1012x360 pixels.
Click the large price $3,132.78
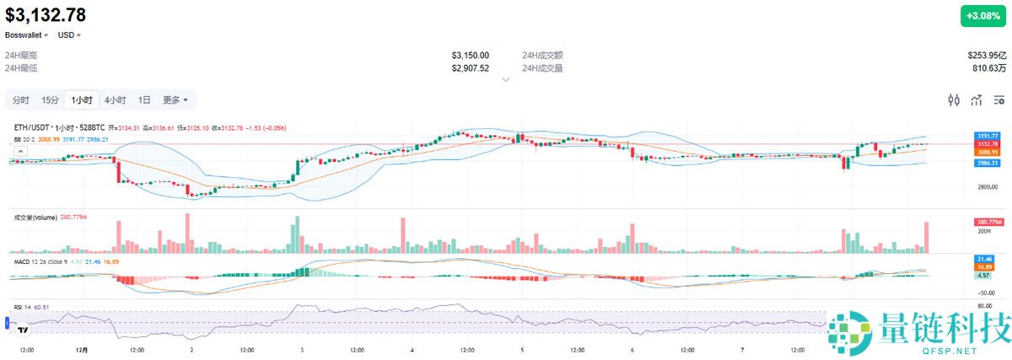pyautogui.click(x=46, y=14)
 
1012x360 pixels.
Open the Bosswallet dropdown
pyautogui.click(x=27, y=35)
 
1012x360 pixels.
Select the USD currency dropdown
pyautogui.click(x=69, y=35)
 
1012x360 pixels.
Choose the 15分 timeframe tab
pyautogui.click(x=51, y=99)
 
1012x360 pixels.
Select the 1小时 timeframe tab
pyautogui.click(x=83, y=99)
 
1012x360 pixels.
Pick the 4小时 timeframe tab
pyautogui.click(x=116, y=99)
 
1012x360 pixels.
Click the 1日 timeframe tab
pyautogui.click(x=145, y=99)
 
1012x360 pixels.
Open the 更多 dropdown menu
pyautogui.click(x=175, y=99)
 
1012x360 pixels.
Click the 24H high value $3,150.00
pyautogui.click(x=470, y=55)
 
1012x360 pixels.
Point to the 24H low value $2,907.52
pyautogui.click(x=470, y=67)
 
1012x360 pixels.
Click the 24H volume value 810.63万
pyautogui.click(x=988, y=67)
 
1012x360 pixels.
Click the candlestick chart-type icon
pyautogui.click(x=954, y=100)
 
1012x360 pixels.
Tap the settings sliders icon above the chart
pyautogui.click(x=999, y=100)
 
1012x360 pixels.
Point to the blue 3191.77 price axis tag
pyautogui.click(x=988, y=136)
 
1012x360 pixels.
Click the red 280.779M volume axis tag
pyautogui.click(x=988, y=222)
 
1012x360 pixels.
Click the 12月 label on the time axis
pyautogui.click(x=82, y=348)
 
